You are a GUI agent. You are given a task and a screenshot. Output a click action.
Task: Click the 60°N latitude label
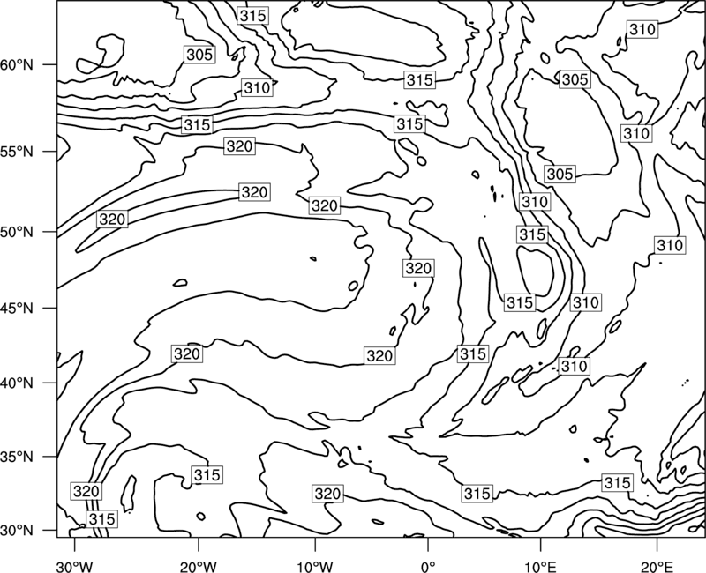(x=17, y=65)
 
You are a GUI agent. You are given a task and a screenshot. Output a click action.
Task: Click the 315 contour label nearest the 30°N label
(x=102, y=519)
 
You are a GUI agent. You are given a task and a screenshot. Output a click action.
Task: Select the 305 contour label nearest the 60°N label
(x=199, y=55)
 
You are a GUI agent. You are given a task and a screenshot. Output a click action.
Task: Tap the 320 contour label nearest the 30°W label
(x=86, y=491)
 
